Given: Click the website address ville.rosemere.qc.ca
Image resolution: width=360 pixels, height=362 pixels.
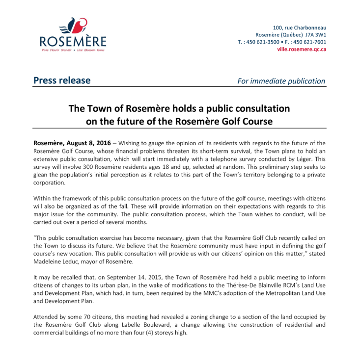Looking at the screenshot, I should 302,49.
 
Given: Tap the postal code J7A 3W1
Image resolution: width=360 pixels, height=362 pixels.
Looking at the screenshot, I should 315,35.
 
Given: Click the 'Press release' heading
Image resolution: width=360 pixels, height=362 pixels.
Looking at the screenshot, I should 62,80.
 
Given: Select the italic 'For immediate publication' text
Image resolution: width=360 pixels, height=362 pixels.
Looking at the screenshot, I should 281,81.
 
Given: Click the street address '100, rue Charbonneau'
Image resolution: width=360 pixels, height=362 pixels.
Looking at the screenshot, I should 300,27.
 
